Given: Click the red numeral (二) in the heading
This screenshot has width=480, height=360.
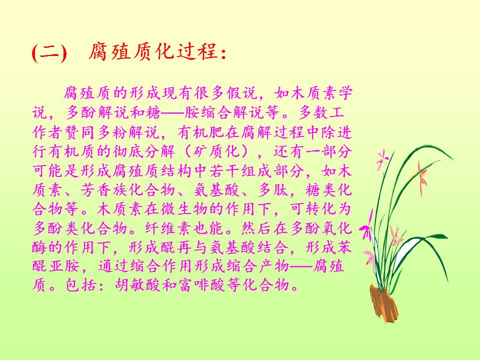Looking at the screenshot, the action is [x=49, y=52].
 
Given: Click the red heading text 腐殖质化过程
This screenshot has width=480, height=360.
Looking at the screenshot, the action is [x=153, y=51].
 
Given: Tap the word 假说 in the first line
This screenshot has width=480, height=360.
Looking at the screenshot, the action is [x=242, y=93].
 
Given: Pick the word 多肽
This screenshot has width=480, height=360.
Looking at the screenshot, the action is [x=273, y=190].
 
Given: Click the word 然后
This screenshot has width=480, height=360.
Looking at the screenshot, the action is [x=256, y=228].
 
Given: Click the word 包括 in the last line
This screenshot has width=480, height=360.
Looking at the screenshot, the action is [x=81, y=285].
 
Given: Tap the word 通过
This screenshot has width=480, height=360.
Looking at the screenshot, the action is [x=114, y=265].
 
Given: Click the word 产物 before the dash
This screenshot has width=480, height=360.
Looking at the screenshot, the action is [x=273, y=265].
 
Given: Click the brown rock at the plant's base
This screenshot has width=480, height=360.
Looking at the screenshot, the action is [x=383, y=303].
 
